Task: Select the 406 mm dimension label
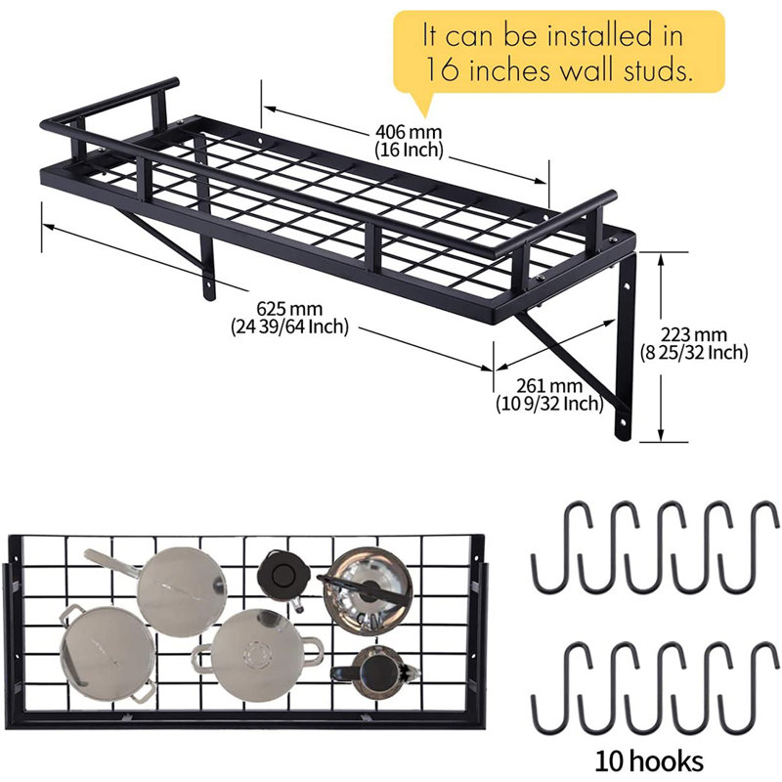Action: [x=410, y=131]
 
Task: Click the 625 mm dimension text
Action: [x=290, y=309]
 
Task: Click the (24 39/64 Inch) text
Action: [x=289, y=326]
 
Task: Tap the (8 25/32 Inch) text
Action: [x=694, y=352]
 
